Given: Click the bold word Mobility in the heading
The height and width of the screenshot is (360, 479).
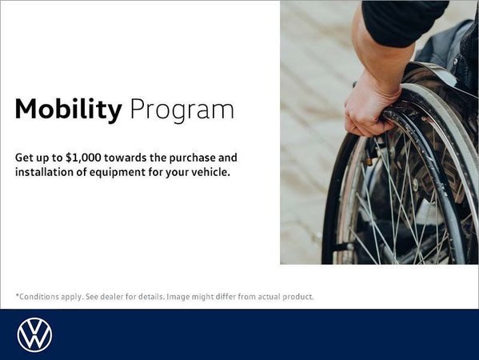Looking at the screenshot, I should click(68, 110).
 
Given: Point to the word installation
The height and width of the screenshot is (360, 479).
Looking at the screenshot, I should click(45, 172).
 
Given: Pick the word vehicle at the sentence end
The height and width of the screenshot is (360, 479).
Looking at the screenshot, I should click(209, 172).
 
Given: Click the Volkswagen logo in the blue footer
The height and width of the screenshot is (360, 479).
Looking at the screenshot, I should click(34, 334).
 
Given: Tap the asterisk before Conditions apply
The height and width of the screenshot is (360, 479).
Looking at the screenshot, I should click(17, 295).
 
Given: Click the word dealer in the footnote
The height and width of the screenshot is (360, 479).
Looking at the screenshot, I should click(117, 296).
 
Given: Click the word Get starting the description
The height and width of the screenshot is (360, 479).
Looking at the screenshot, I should click(23, 158).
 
